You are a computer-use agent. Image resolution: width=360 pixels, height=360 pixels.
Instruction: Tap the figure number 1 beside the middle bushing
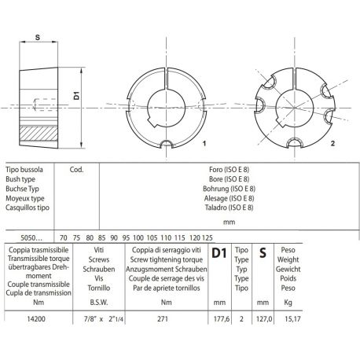pyautogui.click(x=203, y=144)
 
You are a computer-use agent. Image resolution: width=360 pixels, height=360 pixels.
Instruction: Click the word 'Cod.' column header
pyautogui.click(x=77, y=168)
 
